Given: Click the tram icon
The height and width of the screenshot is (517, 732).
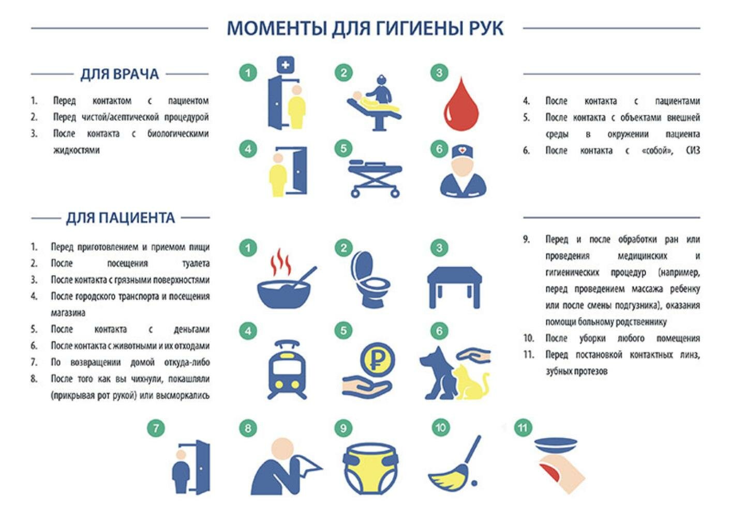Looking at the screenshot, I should click(x=287, y=370).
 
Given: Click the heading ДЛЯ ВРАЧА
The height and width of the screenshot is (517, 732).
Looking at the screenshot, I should click(x=119, y=74).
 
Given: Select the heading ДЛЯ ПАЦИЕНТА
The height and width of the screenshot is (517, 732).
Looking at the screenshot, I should click(x=120, y=218).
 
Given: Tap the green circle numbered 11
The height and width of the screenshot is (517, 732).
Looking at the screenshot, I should click(x=523, y=428).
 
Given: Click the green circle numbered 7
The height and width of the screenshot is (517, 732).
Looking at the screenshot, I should click(x=156, y=428).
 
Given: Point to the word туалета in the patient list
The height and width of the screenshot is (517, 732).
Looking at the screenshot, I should click(x=196, y=264).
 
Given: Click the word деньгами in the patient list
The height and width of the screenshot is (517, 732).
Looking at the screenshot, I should click(x=191, y=330).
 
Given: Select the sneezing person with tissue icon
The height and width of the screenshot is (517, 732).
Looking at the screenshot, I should click(x=285, y=468).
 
